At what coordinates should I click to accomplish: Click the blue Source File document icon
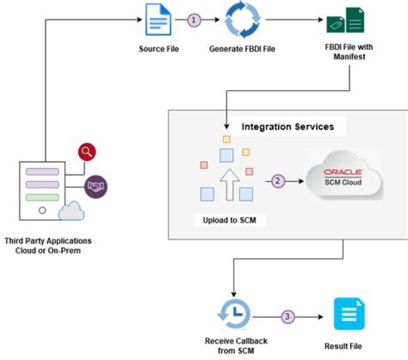[159, 20]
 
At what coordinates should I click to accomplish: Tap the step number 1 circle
[195, 20]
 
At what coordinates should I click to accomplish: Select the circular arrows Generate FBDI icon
[242, 20]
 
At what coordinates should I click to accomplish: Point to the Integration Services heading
[287, 126]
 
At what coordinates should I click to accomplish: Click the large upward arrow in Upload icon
[226, 182]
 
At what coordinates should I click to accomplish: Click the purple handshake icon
[96, 186]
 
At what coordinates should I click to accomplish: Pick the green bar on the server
[42, 197]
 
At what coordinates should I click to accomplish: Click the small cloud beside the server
[71, 211]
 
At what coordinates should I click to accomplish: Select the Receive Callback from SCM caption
[236, 345]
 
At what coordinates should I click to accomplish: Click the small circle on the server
[42, 210]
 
